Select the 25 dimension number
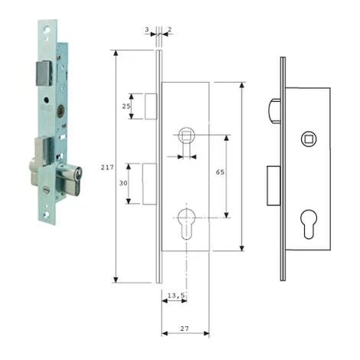point(126,106)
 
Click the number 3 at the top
point(146,31)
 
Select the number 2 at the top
point(169,31)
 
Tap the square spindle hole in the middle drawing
point(185,136)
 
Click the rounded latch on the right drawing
point(275,110)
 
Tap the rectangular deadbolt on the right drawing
point(273,186)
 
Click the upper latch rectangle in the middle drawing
point(150,106)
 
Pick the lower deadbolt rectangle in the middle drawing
point(150,183)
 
